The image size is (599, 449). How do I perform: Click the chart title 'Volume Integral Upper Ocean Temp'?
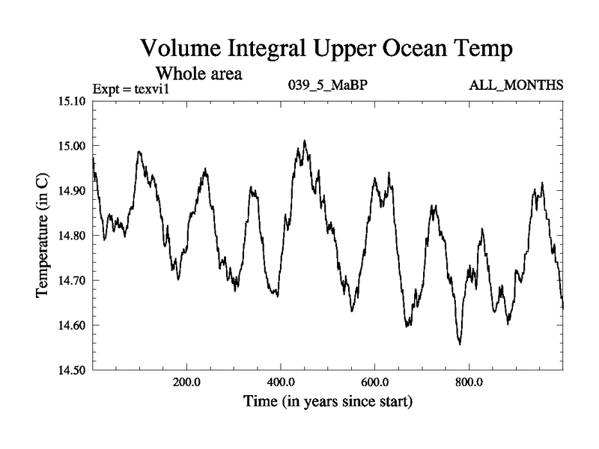point(327,50)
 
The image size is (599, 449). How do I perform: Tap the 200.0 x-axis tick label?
point(186,381)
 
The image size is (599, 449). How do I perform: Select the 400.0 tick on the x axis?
point(281,381)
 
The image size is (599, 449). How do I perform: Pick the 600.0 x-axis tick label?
point(375,381)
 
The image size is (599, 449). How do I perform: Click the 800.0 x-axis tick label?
point(469,381)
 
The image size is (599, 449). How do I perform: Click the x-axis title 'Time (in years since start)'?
point(327,402)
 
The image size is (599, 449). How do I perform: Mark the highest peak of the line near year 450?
point(305,141)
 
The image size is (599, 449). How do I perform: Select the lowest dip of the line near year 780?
point(460,344)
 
